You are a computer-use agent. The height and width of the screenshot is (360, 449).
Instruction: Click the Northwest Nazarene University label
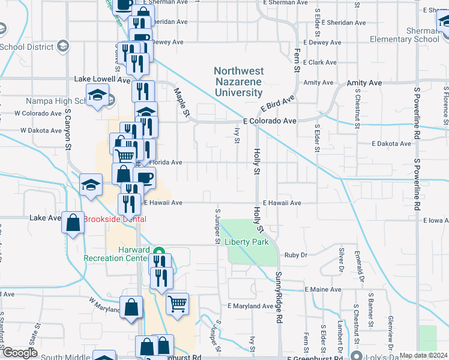tap(239, 82)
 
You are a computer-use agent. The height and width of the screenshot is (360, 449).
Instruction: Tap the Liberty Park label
tap(247, 242)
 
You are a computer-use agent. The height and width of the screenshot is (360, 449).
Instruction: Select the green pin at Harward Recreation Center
tap(158, 252)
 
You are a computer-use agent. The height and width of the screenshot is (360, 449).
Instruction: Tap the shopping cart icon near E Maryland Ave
tap(177, 304)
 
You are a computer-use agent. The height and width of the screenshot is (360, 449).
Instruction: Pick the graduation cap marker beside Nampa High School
tap(97, 95)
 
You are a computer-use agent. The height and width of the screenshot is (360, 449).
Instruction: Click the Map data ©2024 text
tap(424, 355)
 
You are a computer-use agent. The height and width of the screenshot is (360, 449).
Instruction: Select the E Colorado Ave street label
tap(270, 121)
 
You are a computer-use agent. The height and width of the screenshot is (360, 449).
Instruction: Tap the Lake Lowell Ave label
tap(102, 79)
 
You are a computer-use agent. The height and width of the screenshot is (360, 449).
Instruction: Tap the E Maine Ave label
tap(322, 289)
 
